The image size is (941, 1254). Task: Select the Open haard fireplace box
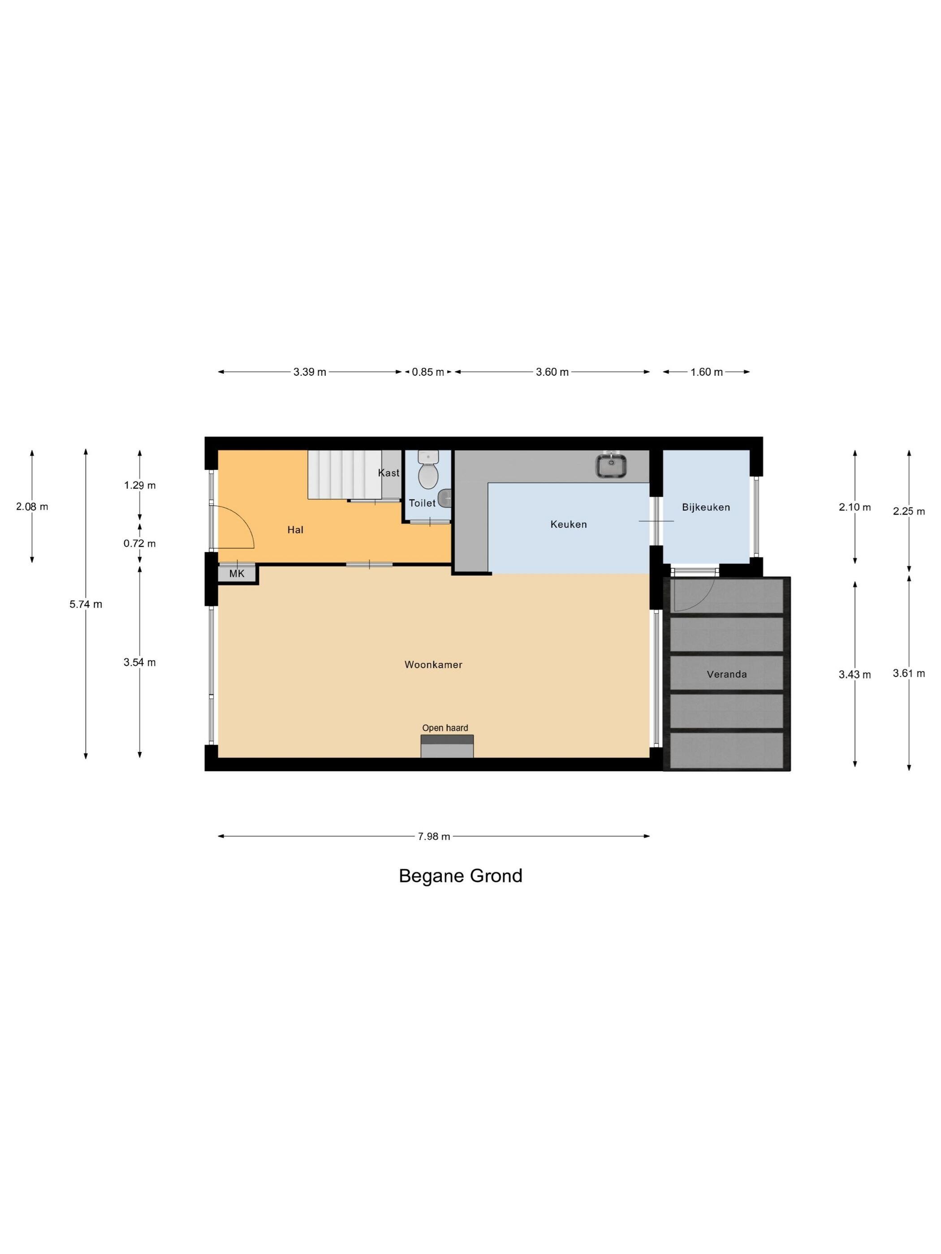pyautogui.click(x=447, y=746)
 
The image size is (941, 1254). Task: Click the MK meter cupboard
pyautogui.click(x=237, y=573)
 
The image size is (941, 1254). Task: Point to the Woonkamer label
pyautogui.click(x=433, y=665)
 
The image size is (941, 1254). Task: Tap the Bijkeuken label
pyautogui.click(x=706, y=507)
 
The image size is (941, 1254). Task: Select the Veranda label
pyautogui.click(x=727, y=674)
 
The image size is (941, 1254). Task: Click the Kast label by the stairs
pyautogui.click(x=388, y=473)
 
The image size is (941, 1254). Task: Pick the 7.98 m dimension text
pyautogui.click(x=434, y=836)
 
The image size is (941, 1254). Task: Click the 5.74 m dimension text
pyautogui.click(x=86, y=604)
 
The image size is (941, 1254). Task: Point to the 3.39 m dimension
pyautogui.click(x=310, y=372)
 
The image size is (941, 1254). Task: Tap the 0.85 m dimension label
pyautogui.click(x=428, y=372)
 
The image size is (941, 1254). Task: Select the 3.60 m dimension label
pyautogui.click(x=552, y=372)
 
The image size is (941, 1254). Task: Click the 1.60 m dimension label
pyautogui.click(x=707, y=372)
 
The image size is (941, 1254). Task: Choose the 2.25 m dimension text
pyautogui.click(x=909, y=511)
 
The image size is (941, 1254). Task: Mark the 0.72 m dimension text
pyautogui.click(x=139, y=543)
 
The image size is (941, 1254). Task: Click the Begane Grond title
pyautogui.click(x=461, y=876)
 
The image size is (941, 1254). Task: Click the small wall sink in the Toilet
pyautogui.click(x=445, y=498)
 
